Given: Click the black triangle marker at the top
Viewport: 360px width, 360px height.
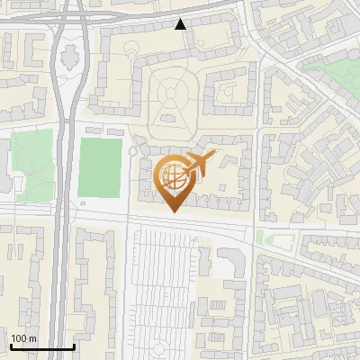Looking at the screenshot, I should [x=181, y=24].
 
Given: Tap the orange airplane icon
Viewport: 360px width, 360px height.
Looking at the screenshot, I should [x=200, y=163].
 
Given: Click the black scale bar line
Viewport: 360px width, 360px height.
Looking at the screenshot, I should [x=42, y=347].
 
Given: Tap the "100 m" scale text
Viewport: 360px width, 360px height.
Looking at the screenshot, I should [x=23, y=338].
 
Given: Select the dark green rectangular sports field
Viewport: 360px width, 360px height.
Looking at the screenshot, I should [x=100, y=166].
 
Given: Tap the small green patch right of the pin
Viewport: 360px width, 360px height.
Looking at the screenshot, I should [x=274, y=238].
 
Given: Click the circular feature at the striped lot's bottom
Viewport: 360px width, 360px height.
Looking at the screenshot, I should [x=164, y=346].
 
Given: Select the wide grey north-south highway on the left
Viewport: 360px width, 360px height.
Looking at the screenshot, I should [x=63, y=225].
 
